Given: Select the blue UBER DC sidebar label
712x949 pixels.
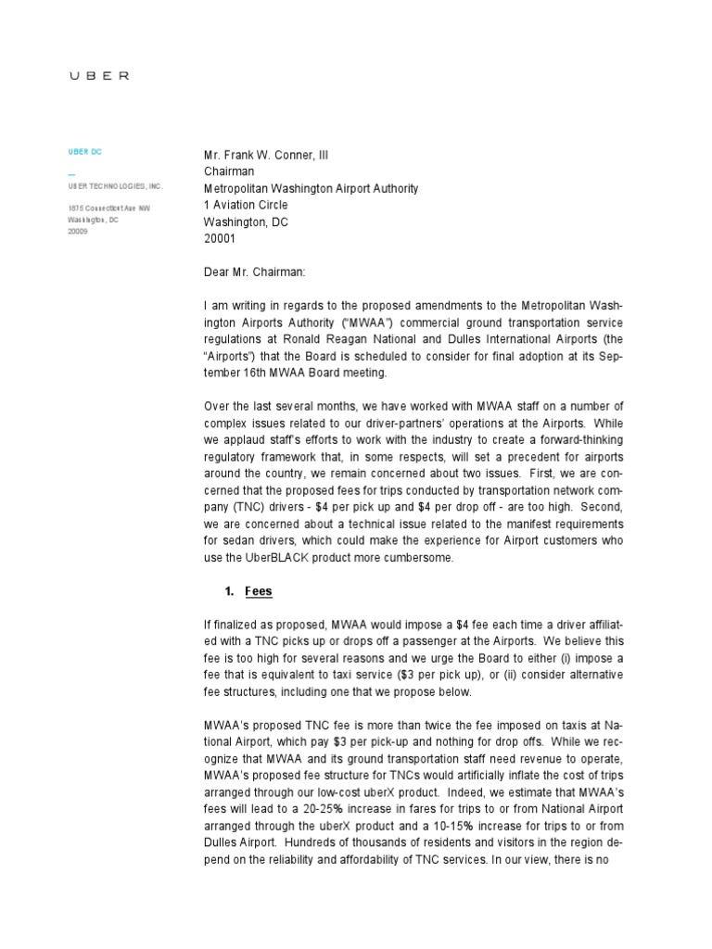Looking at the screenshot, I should (x=84, y=152).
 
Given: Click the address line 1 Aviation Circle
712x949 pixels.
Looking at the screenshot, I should (x=246, y=205).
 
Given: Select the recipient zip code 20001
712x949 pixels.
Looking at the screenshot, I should (x=220, y=238).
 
